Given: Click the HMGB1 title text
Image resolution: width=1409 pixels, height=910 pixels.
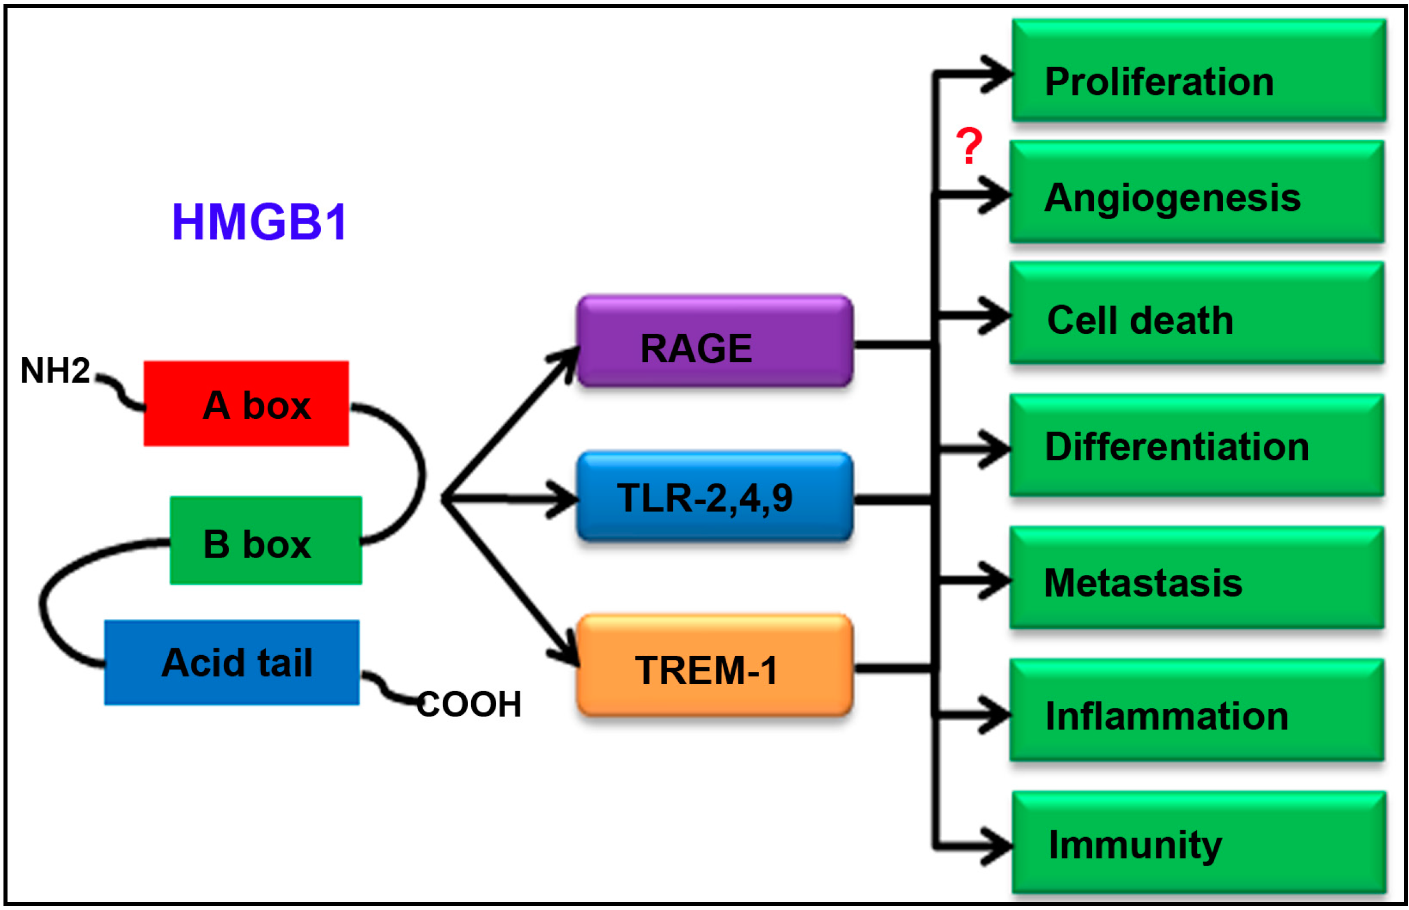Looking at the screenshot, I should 259,222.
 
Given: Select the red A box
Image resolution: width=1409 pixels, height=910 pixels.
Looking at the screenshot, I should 246,404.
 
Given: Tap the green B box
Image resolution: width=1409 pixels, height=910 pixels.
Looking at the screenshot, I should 266,541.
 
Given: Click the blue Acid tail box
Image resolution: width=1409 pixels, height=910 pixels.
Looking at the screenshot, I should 232,662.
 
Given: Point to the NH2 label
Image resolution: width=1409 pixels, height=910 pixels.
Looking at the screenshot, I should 55,371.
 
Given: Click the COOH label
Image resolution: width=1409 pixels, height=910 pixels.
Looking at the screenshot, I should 469,704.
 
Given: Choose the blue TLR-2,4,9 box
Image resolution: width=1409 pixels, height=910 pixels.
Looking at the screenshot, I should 714,497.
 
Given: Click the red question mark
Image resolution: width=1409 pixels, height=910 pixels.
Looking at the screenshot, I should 968,146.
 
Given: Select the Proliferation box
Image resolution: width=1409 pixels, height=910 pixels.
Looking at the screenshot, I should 1198,71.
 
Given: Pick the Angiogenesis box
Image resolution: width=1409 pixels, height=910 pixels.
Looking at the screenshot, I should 1197,192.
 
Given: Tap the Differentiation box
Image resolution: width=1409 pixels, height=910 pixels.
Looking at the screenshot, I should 1197,445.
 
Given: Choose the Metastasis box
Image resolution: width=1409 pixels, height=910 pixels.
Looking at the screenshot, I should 1197,578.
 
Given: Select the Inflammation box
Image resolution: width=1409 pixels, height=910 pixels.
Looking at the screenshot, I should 1197,710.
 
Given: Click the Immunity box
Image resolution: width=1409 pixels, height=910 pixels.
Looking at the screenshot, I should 1198,842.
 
